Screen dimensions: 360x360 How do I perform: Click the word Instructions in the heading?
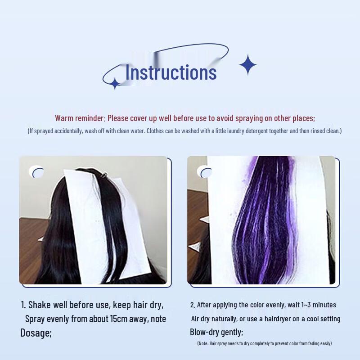tap(171, 72)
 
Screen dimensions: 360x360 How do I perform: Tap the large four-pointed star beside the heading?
tap(247, 65)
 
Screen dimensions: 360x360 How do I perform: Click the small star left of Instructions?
tap(115, 83)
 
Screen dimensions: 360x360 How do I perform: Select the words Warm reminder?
tap(80, 118)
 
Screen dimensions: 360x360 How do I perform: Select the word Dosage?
tap(36, 333)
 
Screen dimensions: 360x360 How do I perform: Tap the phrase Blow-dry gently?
tap(216, 333)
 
